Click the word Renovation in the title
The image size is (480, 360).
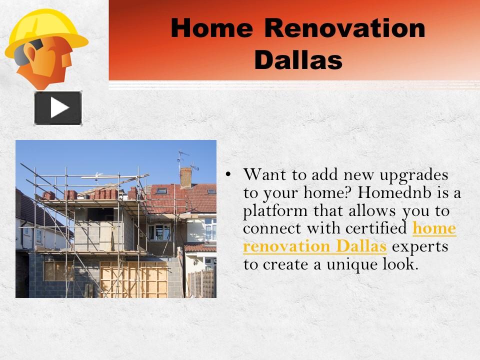pyautogui.click(x=344, y=28)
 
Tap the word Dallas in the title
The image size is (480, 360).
pyautogui.click(x=298, y=60)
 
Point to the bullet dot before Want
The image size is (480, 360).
pyautogui.click(x=228, y=174)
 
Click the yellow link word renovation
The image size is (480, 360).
pyautogui.click(x=285, y=246)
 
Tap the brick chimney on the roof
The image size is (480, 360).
pyautogui.click(x=185, y=176)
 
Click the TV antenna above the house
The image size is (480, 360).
pyautogui.click(x=183, y=158)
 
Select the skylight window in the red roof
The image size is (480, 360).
pyautogui.click(x=161, y=191)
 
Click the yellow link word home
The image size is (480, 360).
pyautogui.click(x=434, y=229)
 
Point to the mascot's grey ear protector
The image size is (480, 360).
pyautogui.click(x=23, y=52)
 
